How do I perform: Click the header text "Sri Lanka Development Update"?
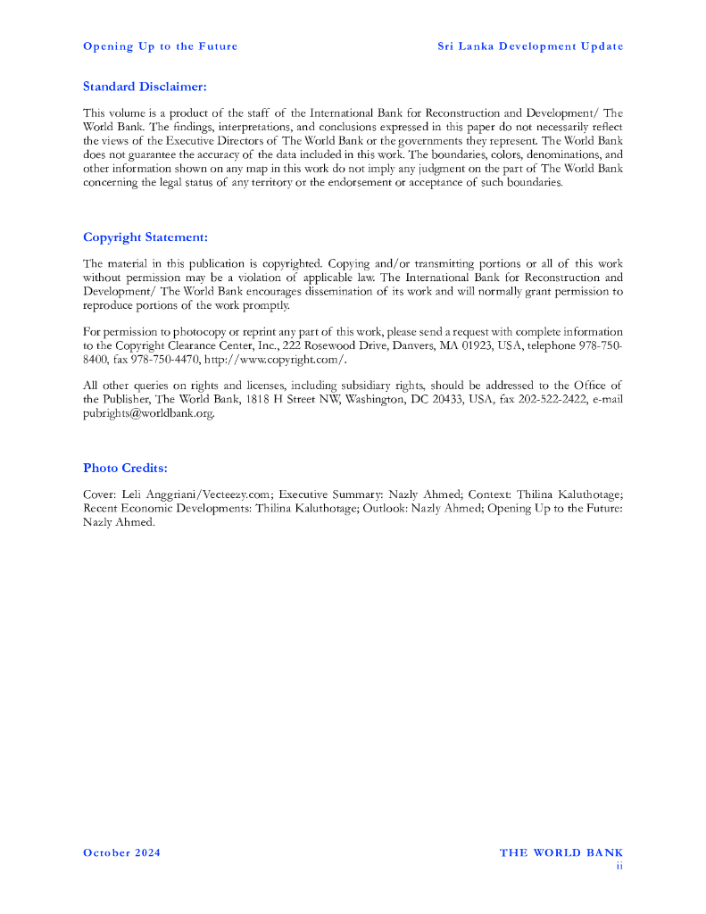coord(530,46)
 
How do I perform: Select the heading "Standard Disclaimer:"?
coord(145,87)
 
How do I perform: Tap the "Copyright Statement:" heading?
coord(145,237)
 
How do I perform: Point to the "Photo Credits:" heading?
coord(125,468)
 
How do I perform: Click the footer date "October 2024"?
coord(122,853)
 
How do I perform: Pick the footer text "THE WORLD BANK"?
coord(561,853)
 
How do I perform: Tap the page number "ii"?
coord(619,865)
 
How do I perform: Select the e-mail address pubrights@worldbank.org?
coord(149,414)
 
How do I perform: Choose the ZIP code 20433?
coord(458,400)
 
